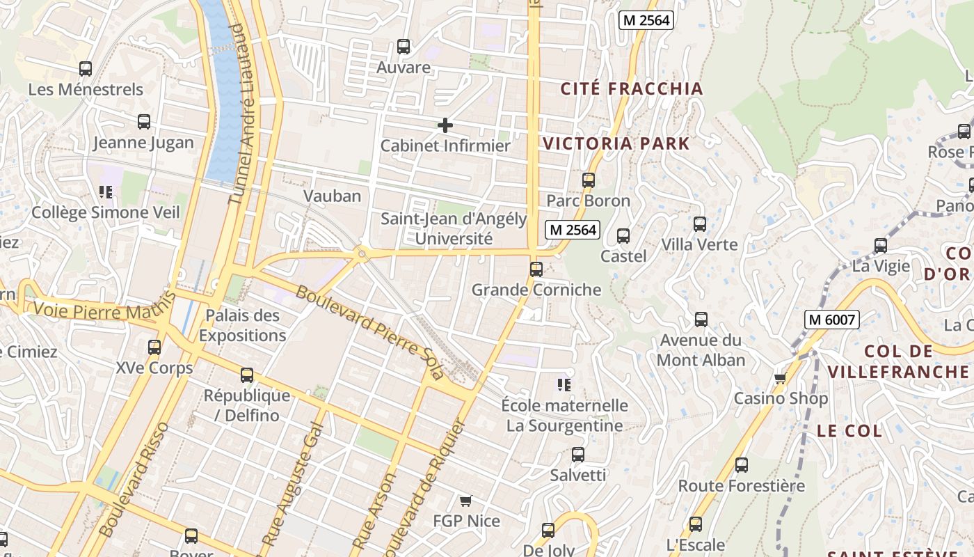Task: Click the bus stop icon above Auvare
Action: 403,47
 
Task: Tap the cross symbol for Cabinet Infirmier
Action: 445,125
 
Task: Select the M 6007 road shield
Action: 832,320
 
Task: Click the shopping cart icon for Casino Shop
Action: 781,379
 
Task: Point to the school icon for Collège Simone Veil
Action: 106,191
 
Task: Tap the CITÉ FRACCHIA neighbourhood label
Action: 632,89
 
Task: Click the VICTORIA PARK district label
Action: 616,144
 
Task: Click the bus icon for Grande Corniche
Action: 536,269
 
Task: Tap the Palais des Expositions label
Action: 242,325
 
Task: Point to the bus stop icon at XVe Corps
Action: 154,347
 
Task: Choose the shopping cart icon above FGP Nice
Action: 466,501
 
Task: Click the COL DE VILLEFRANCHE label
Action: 897,361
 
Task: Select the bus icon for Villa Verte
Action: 699,224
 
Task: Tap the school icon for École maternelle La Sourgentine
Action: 564,384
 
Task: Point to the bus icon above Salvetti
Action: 577,455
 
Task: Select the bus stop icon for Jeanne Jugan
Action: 144,122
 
